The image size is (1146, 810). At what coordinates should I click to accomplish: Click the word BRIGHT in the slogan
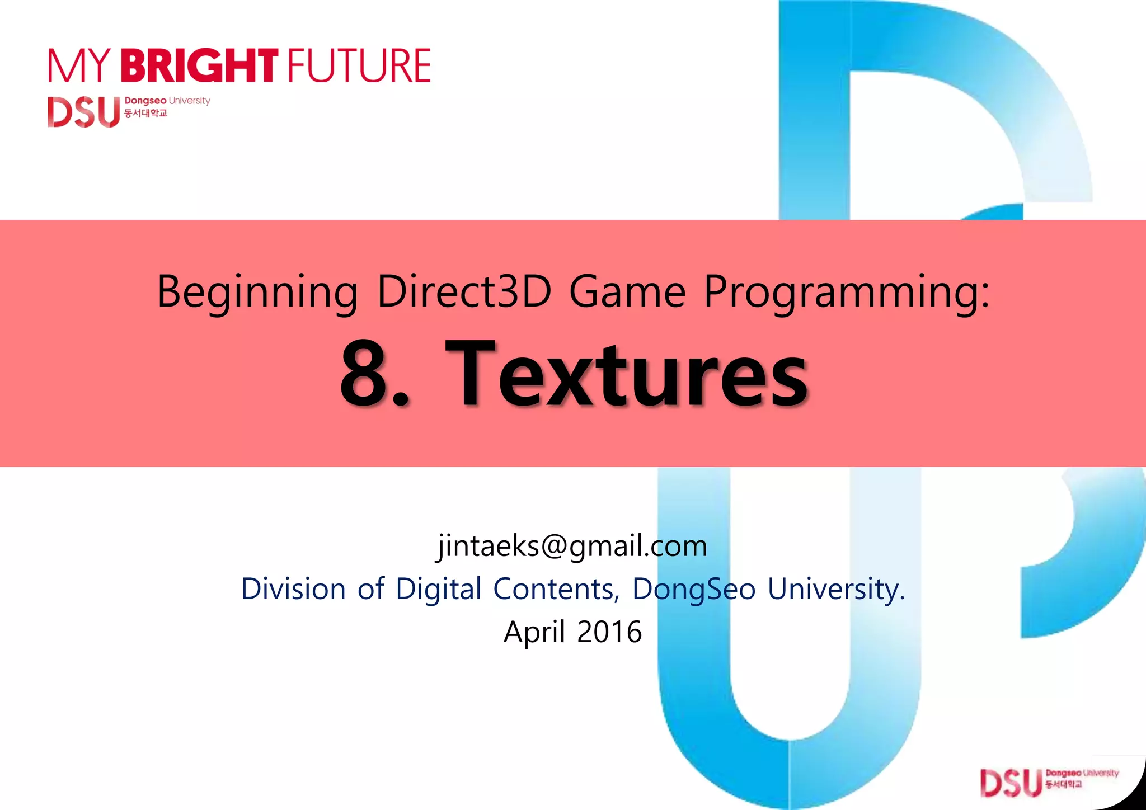coord(199,65)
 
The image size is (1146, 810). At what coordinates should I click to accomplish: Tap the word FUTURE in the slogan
coord(359,66)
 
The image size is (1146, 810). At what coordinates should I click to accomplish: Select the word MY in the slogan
coord(78,66)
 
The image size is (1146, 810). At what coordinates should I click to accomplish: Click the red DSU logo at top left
coord(84,112)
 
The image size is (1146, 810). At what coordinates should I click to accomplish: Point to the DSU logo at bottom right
coord(1011,783)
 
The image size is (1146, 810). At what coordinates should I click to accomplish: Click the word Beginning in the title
coord(257,292)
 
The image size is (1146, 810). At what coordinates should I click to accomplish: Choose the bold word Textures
coord(627,374)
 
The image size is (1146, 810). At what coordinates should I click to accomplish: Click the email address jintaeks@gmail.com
coord(572,545)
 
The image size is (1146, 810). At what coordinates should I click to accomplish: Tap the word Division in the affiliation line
coord(293,588)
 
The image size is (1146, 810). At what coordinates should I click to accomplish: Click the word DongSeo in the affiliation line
coord(694,590)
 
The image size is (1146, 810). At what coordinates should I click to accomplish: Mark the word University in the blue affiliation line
coord(835,590)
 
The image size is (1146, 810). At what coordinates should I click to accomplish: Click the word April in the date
coord(534,632)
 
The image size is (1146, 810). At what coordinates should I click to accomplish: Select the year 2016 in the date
coord(609,632)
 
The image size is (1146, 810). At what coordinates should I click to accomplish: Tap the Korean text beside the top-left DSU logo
coord(145,114)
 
